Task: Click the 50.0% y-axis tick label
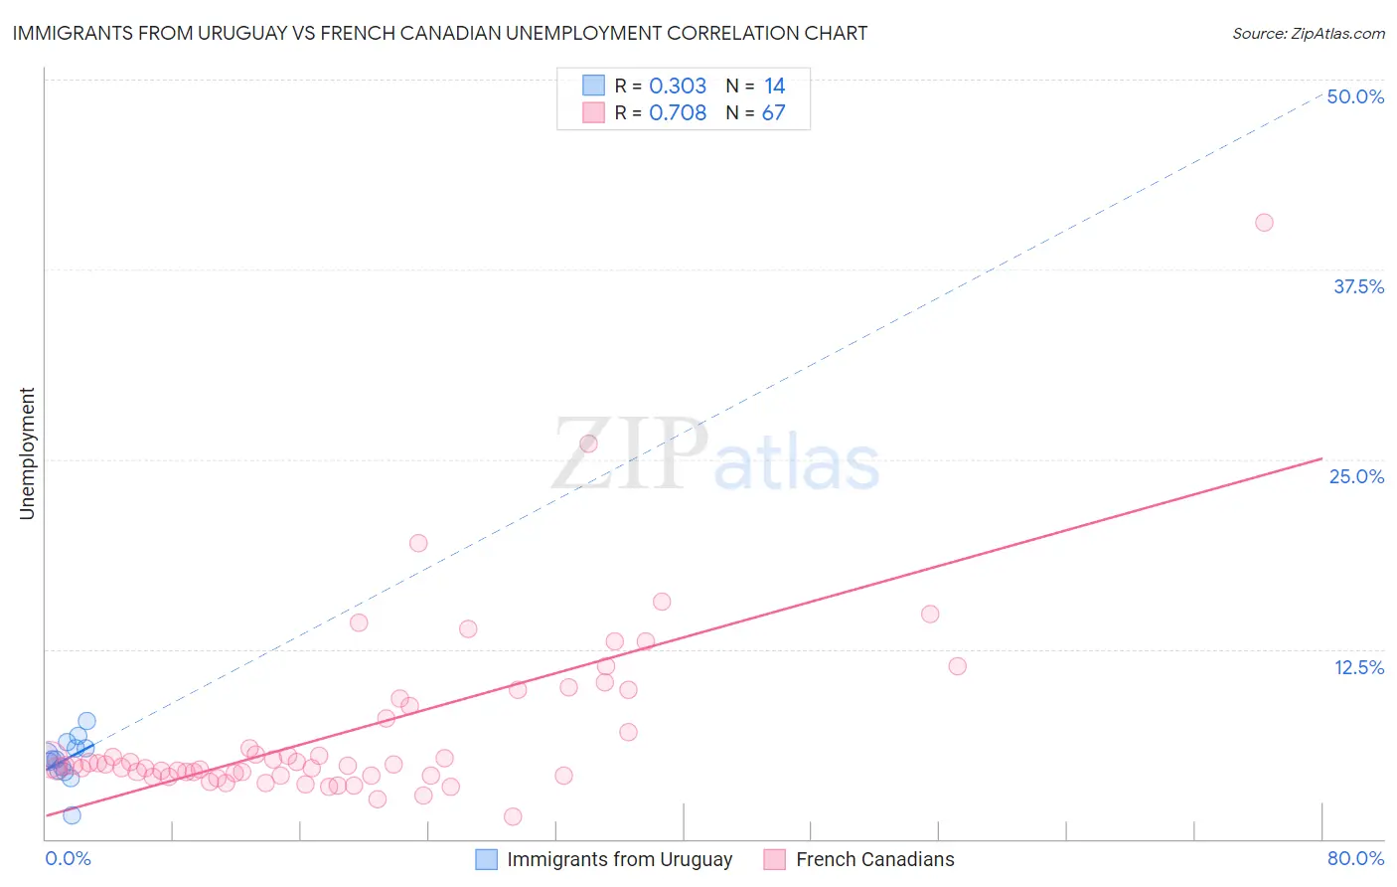click(x=1355, y=96)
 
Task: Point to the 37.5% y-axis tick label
click(x=1358, y=286)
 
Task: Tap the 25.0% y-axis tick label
click(x=1356, y=476)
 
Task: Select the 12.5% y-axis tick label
click(x=1358, y=667)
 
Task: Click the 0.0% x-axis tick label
click(x=68, y=858)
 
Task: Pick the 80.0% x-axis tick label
click(x=1355, y=858)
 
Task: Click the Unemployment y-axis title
click(x=27, y=453)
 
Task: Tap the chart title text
click(x=440, y=33)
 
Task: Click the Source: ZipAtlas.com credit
click(x=1308, y=33)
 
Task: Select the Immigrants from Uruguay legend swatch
click(x=486, y=859)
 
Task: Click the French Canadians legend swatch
click(x=775, y=859)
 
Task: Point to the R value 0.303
click(x=678, y=87)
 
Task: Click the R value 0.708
click(x=678, y=113)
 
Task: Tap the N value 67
click(x=773, y=113)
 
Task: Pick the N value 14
click(x=774, y=87)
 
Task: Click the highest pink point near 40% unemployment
click(x=1264, y=223)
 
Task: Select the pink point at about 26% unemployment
click(x=588, y=443)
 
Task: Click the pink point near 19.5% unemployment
click(x=418, y=543)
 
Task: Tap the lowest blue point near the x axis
click(x=72, y=815)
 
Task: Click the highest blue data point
click(x=86, y=721)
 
